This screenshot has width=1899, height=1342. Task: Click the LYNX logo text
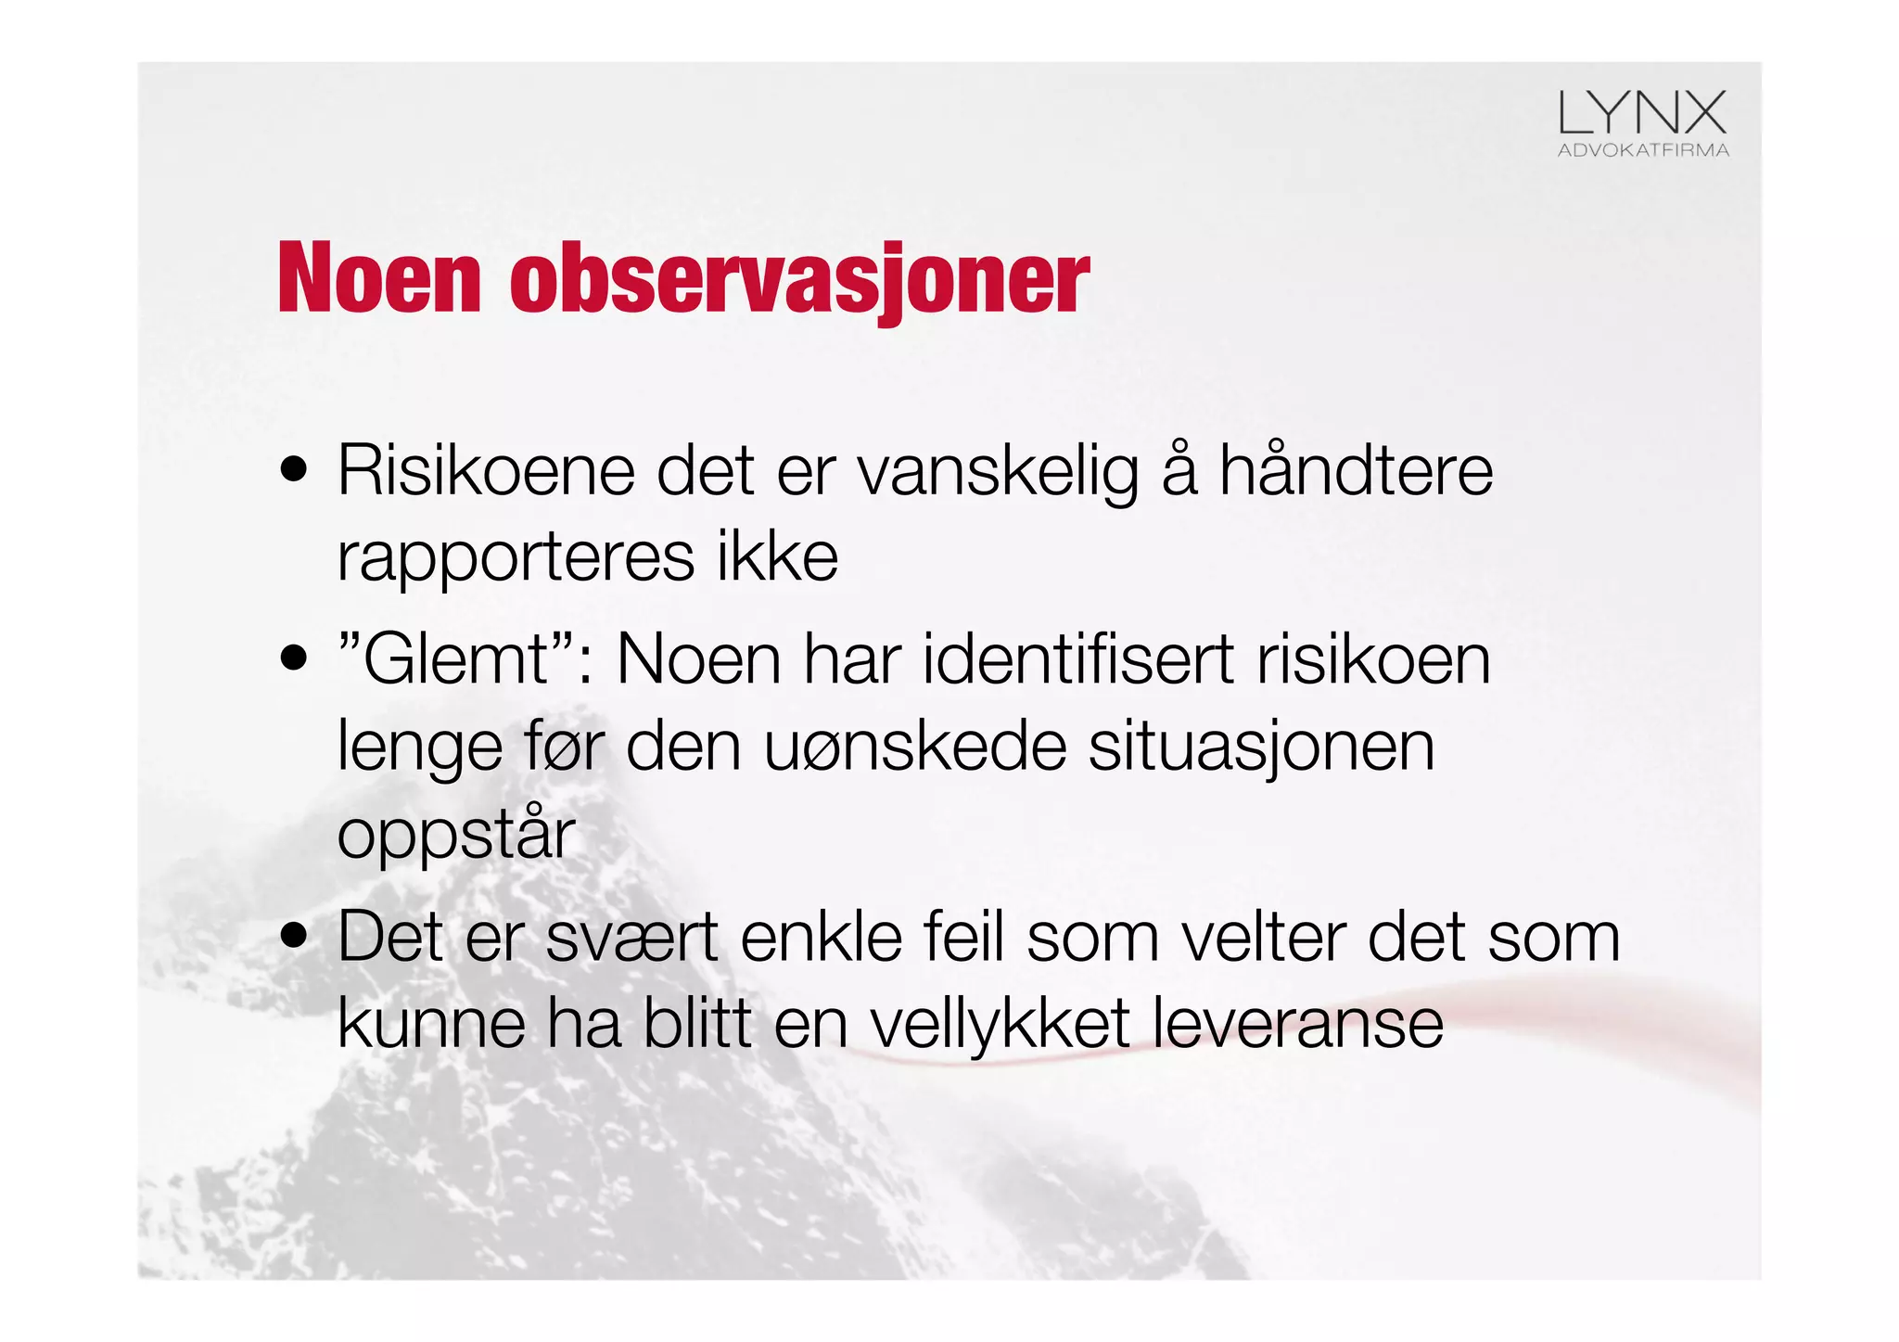(1642, 113)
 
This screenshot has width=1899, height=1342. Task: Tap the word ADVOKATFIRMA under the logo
(1643, 150)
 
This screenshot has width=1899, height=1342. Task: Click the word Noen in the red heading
(379, 278)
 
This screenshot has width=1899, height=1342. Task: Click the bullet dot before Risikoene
(294, 470)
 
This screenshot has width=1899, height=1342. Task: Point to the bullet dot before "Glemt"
(294, 658)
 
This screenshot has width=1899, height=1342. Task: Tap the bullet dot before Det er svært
(294, 936)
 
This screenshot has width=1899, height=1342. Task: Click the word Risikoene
(486, 470)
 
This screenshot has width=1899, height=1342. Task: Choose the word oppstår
(456, 835)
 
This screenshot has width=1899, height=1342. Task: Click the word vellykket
(1000, 1025)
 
